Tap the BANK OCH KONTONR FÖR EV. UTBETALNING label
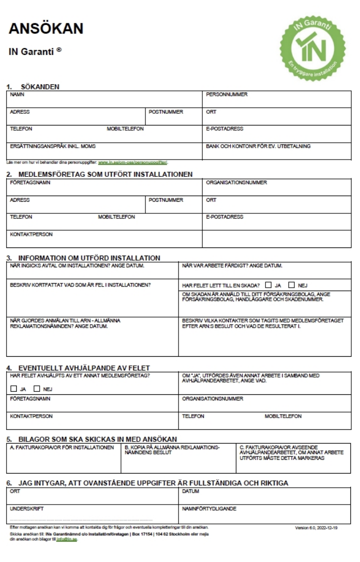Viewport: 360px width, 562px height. pos(258,146)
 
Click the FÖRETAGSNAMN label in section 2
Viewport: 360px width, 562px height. pos(30,182)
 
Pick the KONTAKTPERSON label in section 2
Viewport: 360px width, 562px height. pos(32,234)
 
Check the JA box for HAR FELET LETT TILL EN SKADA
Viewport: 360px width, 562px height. pos(268,285)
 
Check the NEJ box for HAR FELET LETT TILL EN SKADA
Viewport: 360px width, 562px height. pos(291,285)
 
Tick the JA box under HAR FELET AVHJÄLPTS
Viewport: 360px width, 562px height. pos(13,389)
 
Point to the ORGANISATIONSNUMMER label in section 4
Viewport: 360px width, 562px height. pos(213,399)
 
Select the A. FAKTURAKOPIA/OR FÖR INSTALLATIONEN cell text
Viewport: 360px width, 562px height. pos(62,447)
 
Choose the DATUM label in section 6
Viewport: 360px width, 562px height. pos(191,491)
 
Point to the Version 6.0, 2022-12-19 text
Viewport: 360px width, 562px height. pos(319,528)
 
